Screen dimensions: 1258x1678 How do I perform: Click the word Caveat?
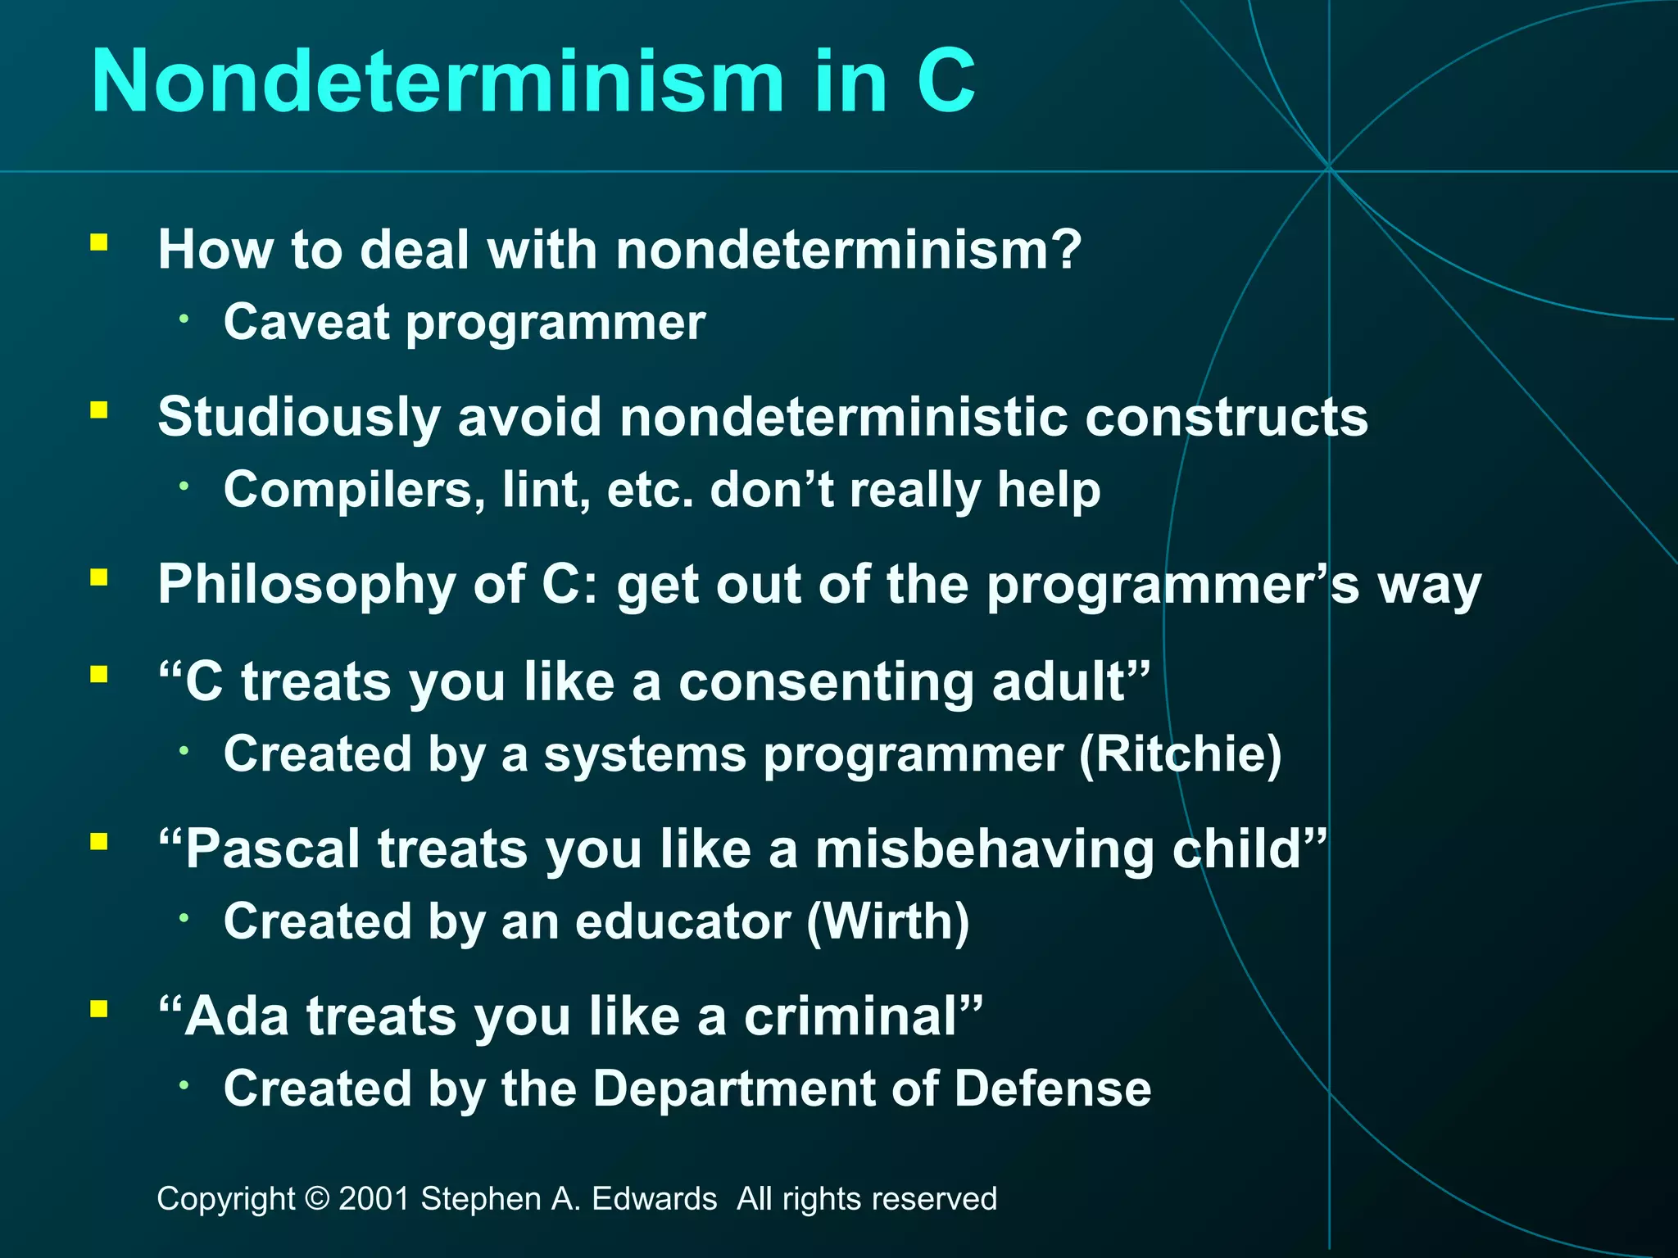click(306, 322)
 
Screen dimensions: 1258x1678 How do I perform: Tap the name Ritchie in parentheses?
click(1180, 753)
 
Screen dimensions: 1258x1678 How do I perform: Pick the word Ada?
click(237, 1016)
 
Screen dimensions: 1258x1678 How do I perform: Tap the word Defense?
click(1053, 1089)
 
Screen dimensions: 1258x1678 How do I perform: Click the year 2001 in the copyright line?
click(374, 1199)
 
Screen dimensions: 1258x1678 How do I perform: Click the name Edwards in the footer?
click(654, 1199)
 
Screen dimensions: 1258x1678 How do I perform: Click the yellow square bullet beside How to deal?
click(99, 242)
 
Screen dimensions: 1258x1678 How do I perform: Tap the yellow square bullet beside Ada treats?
click(99, 1008)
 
